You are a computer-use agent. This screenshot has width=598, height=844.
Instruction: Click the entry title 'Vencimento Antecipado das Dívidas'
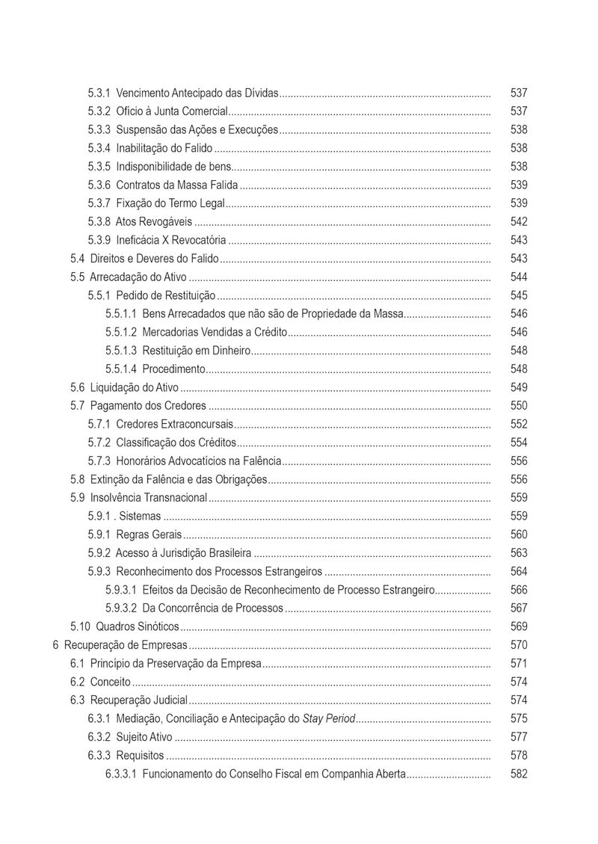tap(197, 93)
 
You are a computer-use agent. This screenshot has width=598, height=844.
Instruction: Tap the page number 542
tap(519, 222)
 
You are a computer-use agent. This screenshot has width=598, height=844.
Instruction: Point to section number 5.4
tap(77, 259)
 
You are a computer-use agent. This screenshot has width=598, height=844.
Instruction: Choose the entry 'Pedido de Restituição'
tap(165, 295)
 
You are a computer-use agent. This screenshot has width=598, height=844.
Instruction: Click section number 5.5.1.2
tap(121, 332)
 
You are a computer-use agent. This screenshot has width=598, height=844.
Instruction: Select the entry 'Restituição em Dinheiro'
tap(196, 351)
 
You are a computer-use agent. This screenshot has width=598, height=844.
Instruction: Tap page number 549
tap(519, 387)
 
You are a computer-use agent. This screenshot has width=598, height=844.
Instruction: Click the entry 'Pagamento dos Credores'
tap(148, 406)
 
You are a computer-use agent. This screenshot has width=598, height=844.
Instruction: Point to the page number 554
tap(519, 443)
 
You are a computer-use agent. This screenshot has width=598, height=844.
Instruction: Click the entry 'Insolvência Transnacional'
tap(148, 498)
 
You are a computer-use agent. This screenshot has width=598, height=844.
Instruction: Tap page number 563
tap(519, 553)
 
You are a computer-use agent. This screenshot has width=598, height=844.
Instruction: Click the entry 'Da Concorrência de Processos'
tap(212, 608)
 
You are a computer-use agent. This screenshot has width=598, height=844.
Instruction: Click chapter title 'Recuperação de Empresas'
tap(125, 645)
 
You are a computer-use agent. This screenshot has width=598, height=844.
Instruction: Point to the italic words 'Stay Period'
tap(328, 718)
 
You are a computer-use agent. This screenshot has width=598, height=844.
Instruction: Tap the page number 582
tap(519, 774)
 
